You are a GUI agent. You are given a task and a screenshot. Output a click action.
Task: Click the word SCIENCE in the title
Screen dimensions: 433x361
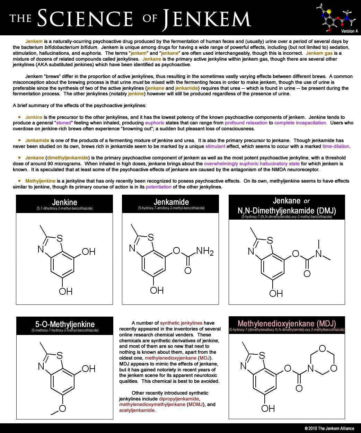click(x=85, y=18)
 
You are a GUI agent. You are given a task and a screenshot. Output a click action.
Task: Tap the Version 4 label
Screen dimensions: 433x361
click(x=349, y=31)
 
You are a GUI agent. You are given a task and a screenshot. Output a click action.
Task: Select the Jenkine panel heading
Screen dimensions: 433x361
click(x=64, y=202)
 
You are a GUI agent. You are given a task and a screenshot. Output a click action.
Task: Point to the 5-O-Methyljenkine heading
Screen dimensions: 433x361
click(x=65, y=324)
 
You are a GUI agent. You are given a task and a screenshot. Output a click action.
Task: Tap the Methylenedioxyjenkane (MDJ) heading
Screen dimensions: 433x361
click(x=287, y=324)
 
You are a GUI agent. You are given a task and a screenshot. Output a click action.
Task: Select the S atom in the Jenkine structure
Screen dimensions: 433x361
click(x=60, y=238)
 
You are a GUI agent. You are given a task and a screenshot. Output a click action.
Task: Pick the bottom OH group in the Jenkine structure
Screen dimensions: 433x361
click(x=65, y=291)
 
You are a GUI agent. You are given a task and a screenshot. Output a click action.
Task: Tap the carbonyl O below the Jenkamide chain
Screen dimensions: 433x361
click(x=188, y=270)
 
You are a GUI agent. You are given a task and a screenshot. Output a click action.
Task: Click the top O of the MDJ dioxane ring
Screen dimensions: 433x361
click(x=322, y=348)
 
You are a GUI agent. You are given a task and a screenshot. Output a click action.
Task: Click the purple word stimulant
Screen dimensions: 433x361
click(x=215, y=146)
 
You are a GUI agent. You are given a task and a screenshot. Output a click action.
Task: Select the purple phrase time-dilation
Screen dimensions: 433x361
click(x=336, y=146)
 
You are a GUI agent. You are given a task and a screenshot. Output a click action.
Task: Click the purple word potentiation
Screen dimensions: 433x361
click(x=159, y=187)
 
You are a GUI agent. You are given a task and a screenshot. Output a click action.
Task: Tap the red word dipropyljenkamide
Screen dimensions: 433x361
click(x=179, y=399)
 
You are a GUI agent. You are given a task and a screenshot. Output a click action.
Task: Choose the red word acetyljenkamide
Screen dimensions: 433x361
click(x=137, y=410)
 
